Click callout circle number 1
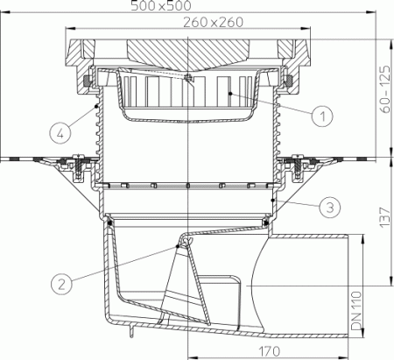[321, 115]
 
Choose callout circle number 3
[325, 207]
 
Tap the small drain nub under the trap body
[130, 331]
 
